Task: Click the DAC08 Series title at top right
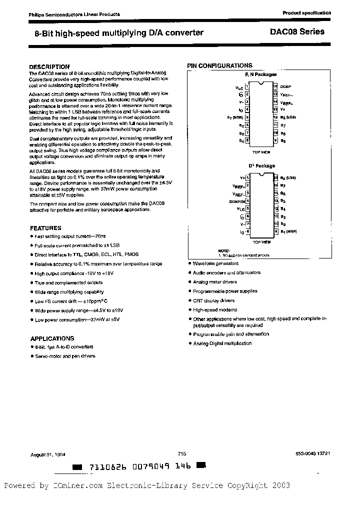304,31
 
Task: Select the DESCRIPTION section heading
49,66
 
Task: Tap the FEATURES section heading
45,228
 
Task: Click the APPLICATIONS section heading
52,338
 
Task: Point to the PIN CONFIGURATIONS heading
219,65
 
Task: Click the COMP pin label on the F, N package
285,86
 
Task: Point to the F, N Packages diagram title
260,74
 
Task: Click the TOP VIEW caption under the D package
261,242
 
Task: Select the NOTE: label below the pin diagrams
223,250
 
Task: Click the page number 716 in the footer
181,453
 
